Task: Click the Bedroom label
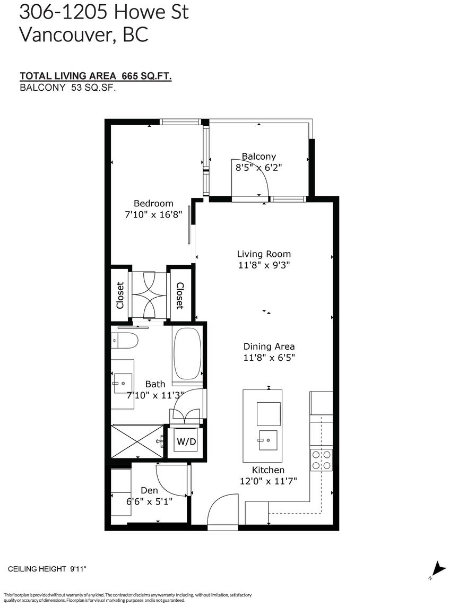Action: point(153,203)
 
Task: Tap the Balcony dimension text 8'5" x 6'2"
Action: point(258,168)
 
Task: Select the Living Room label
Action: point(264,254)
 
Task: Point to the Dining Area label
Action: point(269,346)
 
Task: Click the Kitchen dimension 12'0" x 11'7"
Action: point(269,481)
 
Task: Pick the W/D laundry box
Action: point(187,441)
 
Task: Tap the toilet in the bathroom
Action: point(125,340)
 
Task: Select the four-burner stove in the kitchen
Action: point(322,459)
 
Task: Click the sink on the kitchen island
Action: point(268,440)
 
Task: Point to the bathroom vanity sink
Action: point(123,384)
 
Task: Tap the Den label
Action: point(149,490)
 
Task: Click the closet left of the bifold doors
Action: point(120,295)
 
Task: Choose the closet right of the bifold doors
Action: point(180,295)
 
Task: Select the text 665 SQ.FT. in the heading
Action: point(147,76)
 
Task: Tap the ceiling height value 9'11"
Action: point(78,569)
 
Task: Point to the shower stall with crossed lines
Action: point(137,441)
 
